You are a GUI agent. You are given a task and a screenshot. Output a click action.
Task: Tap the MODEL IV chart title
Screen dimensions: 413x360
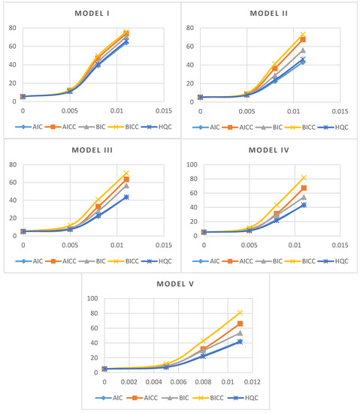[268, 149]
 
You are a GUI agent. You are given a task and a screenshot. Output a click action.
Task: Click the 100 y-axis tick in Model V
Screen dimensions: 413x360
[95, 298]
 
